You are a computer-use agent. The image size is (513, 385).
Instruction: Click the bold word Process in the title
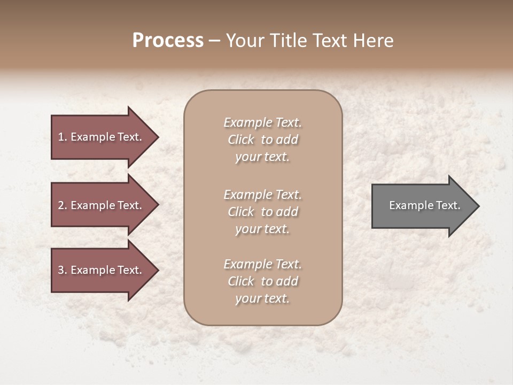tap(168, 41)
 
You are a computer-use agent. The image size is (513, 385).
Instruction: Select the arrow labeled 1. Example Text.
tap(102, 137)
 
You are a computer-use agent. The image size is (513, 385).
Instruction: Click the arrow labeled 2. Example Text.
tap(102, 205)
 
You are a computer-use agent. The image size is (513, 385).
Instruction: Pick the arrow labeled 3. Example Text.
tap(102, 270)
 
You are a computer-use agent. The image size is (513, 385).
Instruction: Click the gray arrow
tap(422, 206)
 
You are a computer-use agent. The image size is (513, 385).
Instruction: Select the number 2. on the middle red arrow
tap(63, 205)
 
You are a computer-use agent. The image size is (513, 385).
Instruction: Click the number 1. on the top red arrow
tap(63, 137)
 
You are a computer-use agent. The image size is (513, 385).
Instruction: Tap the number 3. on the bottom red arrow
tap(63, 270)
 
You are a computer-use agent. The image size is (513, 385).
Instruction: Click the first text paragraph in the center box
tap(262, 140)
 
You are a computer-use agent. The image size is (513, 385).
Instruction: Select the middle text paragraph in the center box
tap(262, 212)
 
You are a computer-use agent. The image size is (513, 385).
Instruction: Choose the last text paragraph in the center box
tap(262, 281)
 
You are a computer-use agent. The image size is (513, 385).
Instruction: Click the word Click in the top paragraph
tap(241, 140)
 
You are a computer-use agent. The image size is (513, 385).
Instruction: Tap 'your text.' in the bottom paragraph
tap(262, 299)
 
